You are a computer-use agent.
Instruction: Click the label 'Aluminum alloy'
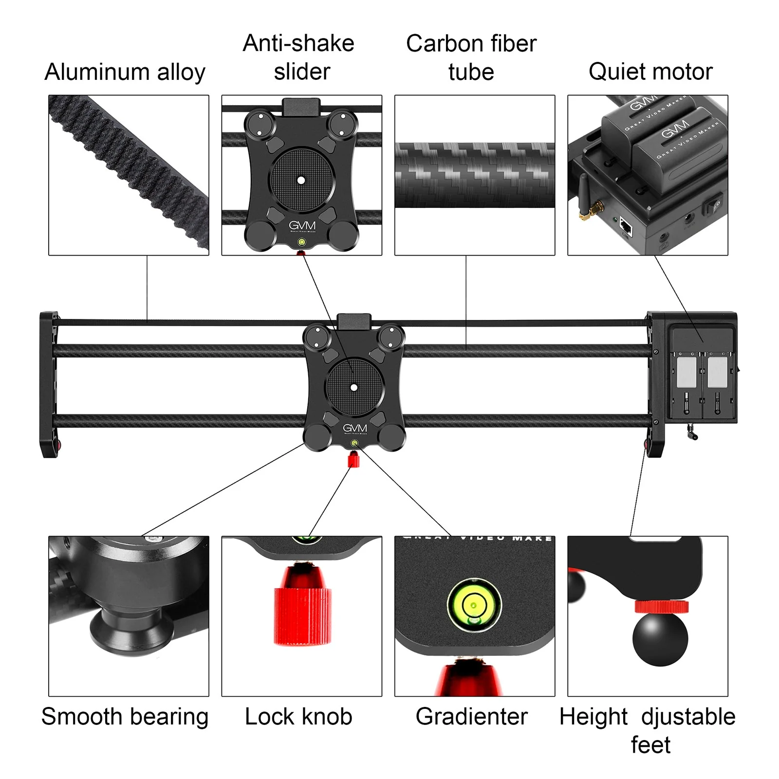pos(125,72)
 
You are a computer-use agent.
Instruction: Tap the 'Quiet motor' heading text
pos(650,72)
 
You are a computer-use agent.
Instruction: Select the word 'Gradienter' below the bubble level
pos(471,717)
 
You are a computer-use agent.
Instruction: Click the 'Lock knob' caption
pos(298,717)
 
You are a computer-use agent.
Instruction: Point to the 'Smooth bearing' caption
pos(125,717)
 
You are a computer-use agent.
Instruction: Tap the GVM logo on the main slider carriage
pos(354,428)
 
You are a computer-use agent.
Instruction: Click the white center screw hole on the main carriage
pos(354,388)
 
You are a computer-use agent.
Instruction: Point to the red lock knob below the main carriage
pos(353,460)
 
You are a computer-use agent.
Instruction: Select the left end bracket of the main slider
pos(49,385)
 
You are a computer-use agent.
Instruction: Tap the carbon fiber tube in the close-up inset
pos(475,175)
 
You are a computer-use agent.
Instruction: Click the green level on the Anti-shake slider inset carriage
pos(302,242)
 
